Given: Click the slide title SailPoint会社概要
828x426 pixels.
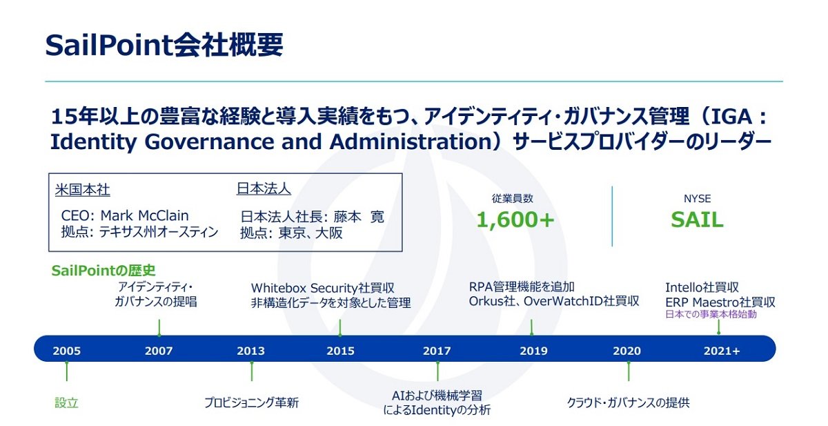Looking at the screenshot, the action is click(x=164, y=45).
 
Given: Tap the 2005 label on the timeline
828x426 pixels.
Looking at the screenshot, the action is click(x=66, y=351).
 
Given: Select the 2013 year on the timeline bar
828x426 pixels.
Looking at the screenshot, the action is click(x=250, y=351).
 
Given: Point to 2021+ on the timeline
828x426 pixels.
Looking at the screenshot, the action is click(x=722, y=351).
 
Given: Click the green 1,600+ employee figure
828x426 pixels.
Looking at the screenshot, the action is click(x=515, y=220).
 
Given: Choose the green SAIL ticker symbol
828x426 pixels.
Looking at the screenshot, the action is click(x=697, y=220).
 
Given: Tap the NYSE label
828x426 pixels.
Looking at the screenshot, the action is click(x=697, y=199).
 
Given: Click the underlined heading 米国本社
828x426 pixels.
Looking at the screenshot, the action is click(x=82, y=190).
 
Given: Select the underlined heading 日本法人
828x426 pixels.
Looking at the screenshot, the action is click(x=264, y=189).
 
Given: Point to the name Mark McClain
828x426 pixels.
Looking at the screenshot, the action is click(x=144, y=215).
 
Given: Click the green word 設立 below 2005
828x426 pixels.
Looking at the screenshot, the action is click(x=66, y=403).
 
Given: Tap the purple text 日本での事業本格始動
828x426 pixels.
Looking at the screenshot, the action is click(x=711, y=314).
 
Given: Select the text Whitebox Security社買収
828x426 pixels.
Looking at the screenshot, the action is click(x=323, y=288).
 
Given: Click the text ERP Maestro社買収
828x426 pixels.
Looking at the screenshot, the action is click(x=720, y=302).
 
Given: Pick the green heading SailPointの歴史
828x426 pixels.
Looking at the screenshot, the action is click(x=103, y=271).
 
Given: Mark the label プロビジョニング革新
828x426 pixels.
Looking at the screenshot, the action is click(x=251, y=403).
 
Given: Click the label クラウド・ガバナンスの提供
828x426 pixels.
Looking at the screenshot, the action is click(x=628, y=403).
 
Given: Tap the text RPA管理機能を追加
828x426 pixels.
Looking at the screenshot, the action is click(x=522, y=287).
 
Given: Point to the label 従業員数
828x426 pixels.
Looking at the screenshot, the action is click(x=512, y=199).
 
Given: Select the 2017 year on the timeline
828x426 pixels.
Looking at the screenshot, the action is click(x=437, y=351).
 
